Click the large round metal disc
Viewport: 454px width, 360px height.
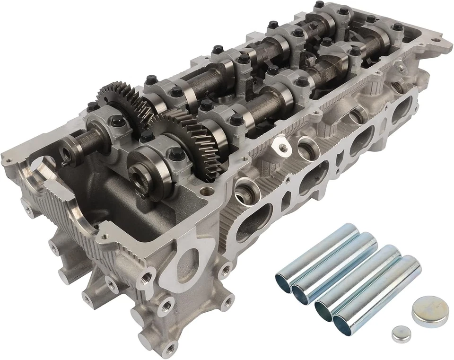(429, 311)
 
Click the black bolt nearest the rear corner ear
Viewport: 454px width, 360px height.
(398, 26)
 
